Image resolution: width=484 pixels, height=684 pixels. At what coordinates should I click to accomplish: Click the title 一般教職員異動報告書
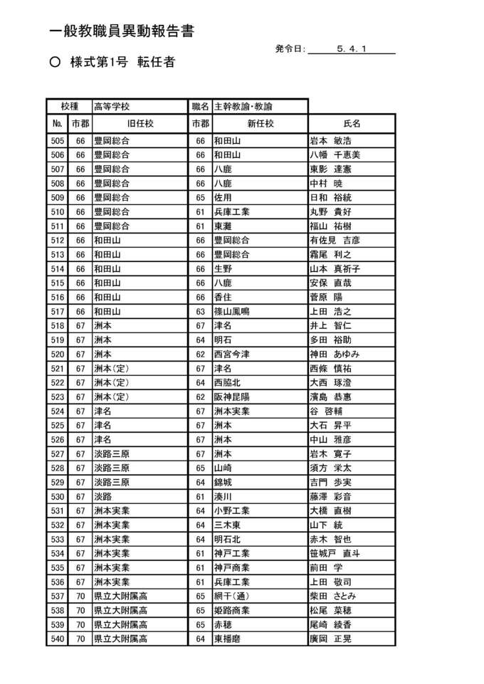[x=122, y=31]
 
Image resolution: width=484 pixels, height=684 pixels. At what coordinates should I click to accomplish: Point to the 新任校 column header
[x=259, y=123]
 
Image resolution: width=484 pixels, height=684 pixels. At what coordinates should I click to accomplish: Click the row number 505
[x=58, y=141]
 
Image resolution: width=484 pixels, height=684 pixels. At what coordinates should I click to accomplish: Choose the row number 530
[x=58, y=497]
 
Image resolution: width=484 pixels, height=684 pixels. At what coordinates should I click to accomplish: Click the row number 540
[x=58, y=639]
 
